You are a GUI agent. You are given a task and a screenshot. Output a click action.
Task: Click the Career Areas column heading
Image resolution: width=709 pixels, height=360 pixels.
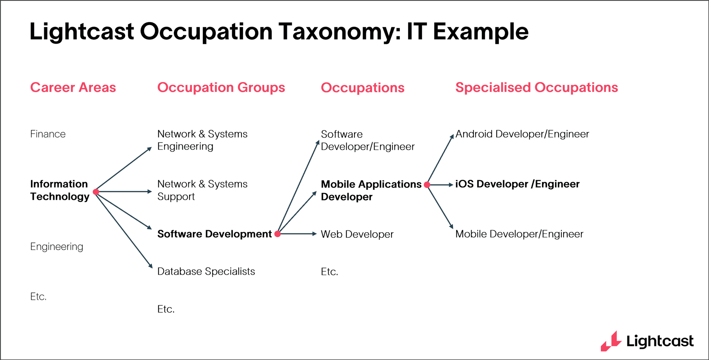tap(73, 88)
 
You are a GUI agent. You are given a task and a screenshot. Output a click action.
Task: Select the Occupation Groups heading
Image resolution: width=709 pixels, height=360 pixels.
tap(221, 88)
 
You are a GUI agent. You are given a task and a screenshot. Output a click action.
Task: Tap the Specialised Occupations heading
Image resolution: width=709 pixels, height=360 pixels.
tap(536, 88)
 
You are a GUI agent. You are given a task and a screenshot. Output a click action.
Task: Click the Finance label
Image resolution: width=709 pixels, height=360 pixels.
tap(48, 134)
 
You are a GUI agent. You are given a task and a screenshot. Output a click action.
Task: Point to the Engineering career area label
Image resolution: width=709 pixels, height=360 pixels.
tap(56, 247)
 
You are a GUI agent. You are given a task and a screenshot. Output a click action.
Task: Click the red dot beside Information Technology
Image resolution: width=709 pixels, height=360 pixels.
tap(96, 192)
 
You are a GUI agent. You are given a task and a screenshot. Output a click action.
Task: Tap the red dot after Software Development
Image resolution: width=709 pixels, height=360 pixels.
tap(278, 234)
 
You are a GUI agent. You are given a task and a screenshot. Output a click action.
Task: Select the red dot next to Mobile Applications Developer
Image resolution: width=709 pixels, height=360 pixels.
tap(427, 185)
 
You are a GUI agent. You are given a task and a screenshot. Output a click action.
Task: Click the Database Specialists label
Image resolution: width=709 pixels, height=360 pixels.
tap(206, 271)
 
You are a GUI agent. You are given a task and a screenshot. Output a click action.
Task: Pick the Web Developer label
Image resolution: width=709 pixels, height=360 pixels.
tap(357, 234)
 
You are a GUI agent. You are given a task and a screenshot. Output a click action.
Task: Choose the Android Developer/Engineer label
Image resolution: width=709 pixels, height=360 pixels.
tap(522, 134)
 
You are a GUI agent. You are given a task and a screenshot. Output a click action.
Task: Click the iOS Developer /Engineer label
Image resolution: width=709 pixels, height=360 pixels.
tap(517, 184)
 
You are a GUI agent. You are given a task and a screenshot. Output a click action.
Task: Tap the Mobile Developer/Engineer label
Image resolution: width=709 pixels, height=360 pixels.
tap(519, 234)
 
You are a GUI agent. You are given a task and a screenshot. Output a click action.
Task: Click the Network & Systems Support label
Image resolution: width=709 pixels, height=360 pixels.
tap(202, 190)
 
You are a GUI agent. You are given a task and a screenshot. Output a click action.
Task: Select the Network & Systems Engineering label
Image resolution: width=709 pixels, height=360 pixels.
tap(202, 140)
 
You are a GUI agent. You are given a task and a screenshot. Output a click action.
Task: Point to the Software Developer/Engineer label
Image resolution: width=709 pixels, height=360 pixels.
tap(367, 140)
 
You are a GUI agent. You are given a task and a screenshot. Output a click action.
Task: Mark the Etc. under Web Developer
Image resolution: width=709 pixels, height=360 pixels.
tap(329, 272)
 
